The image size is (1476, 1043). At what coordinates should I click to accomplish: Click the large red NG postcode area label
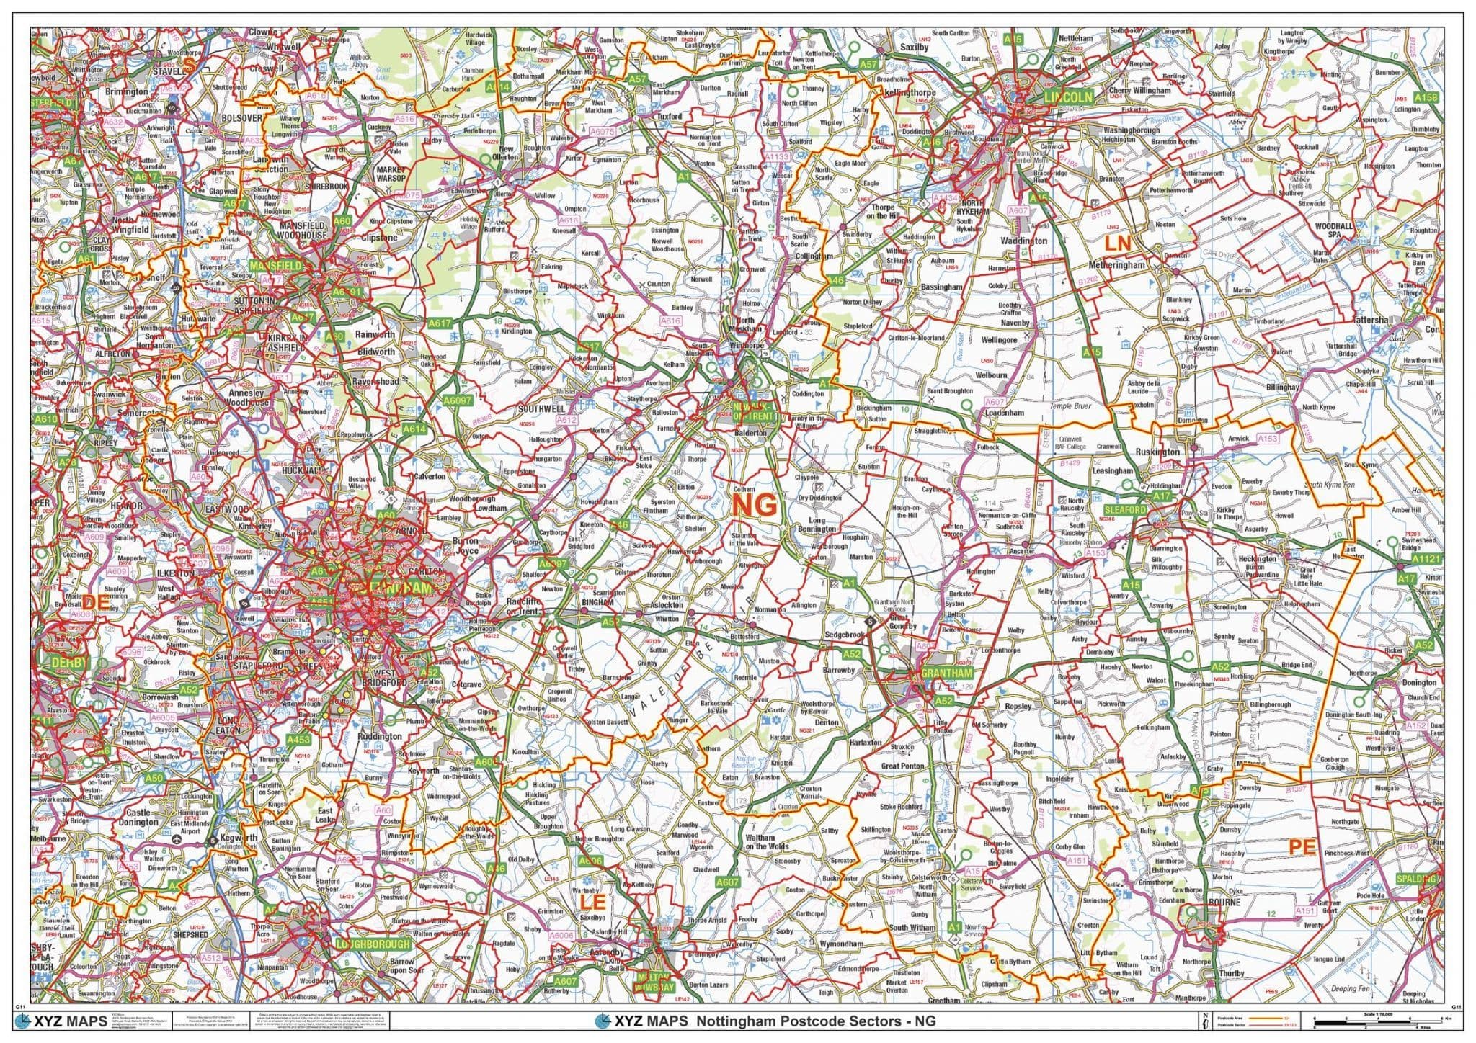(x=755, y=506)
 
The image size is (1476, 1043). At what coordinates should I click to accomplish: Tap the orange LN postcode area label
(x=1119, y=244)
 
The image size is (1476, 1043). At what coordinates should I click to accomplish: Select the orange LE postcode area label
(x=589, y=901)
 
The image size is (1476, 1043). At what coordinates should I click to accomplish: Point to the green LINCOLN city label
(x=1069, y=97)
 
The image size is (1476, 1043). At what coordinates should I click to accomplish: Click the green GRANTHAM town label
(x=947, y=673)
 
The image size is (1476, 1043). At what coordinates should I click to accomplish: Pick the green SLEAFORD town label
(x=1125, y=509)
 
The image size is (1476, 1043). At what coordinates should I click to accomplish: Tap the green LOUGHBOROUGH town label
(x=373, y=944)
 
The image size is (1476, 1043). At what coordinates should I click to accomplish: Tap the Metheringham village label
(x=1117, y=265)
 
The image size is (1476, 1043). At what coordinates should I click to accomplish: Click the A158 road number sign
(x=1426, y=97)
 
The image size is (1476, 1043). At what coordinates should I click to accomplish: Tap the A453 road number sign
(x=298, y=740)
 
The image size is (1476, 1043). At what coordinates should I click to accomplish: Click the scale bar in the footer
(x=1377, y=1021)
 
